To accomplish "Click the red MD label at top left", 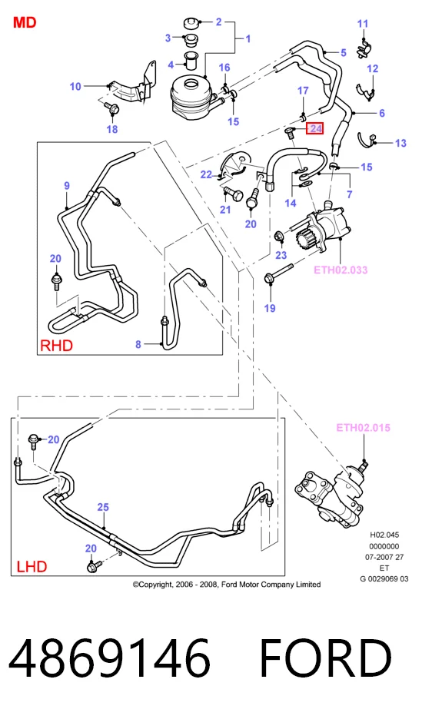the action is click(x=25, y=22).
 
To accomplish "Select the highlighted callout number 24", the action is click(x=315, y=128).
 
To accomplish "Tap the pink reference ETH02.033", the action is click(x=341, y=270).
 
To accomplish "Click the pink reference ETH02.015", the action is click(x=364, y=427).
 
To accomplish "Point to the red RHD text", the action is click(x=56, y=345).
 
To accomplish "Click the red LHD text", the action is click(x=32, y=566).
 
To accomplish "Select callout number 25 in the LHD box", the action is click(x=103, y=507).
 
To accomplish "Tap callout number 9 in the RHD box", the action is click(x=67, y=186).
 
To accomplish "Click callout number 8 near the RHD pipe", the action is click(x=138, y=343).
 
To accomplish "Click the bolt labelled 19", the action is click(x=275, y=277).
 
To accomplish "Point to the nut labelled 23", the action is click(x=278, y=237).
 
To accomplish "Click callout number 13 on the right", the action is click(x=400, y=143).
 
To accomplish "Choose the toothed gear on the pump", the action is click(x=304, y=238).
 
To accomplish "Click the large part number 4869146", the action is click(x=109, y=658).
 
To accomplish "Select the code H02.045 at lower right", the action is click(x=384, y=535).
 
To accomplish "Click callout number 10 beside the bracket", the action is click(x=75, y=86).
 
